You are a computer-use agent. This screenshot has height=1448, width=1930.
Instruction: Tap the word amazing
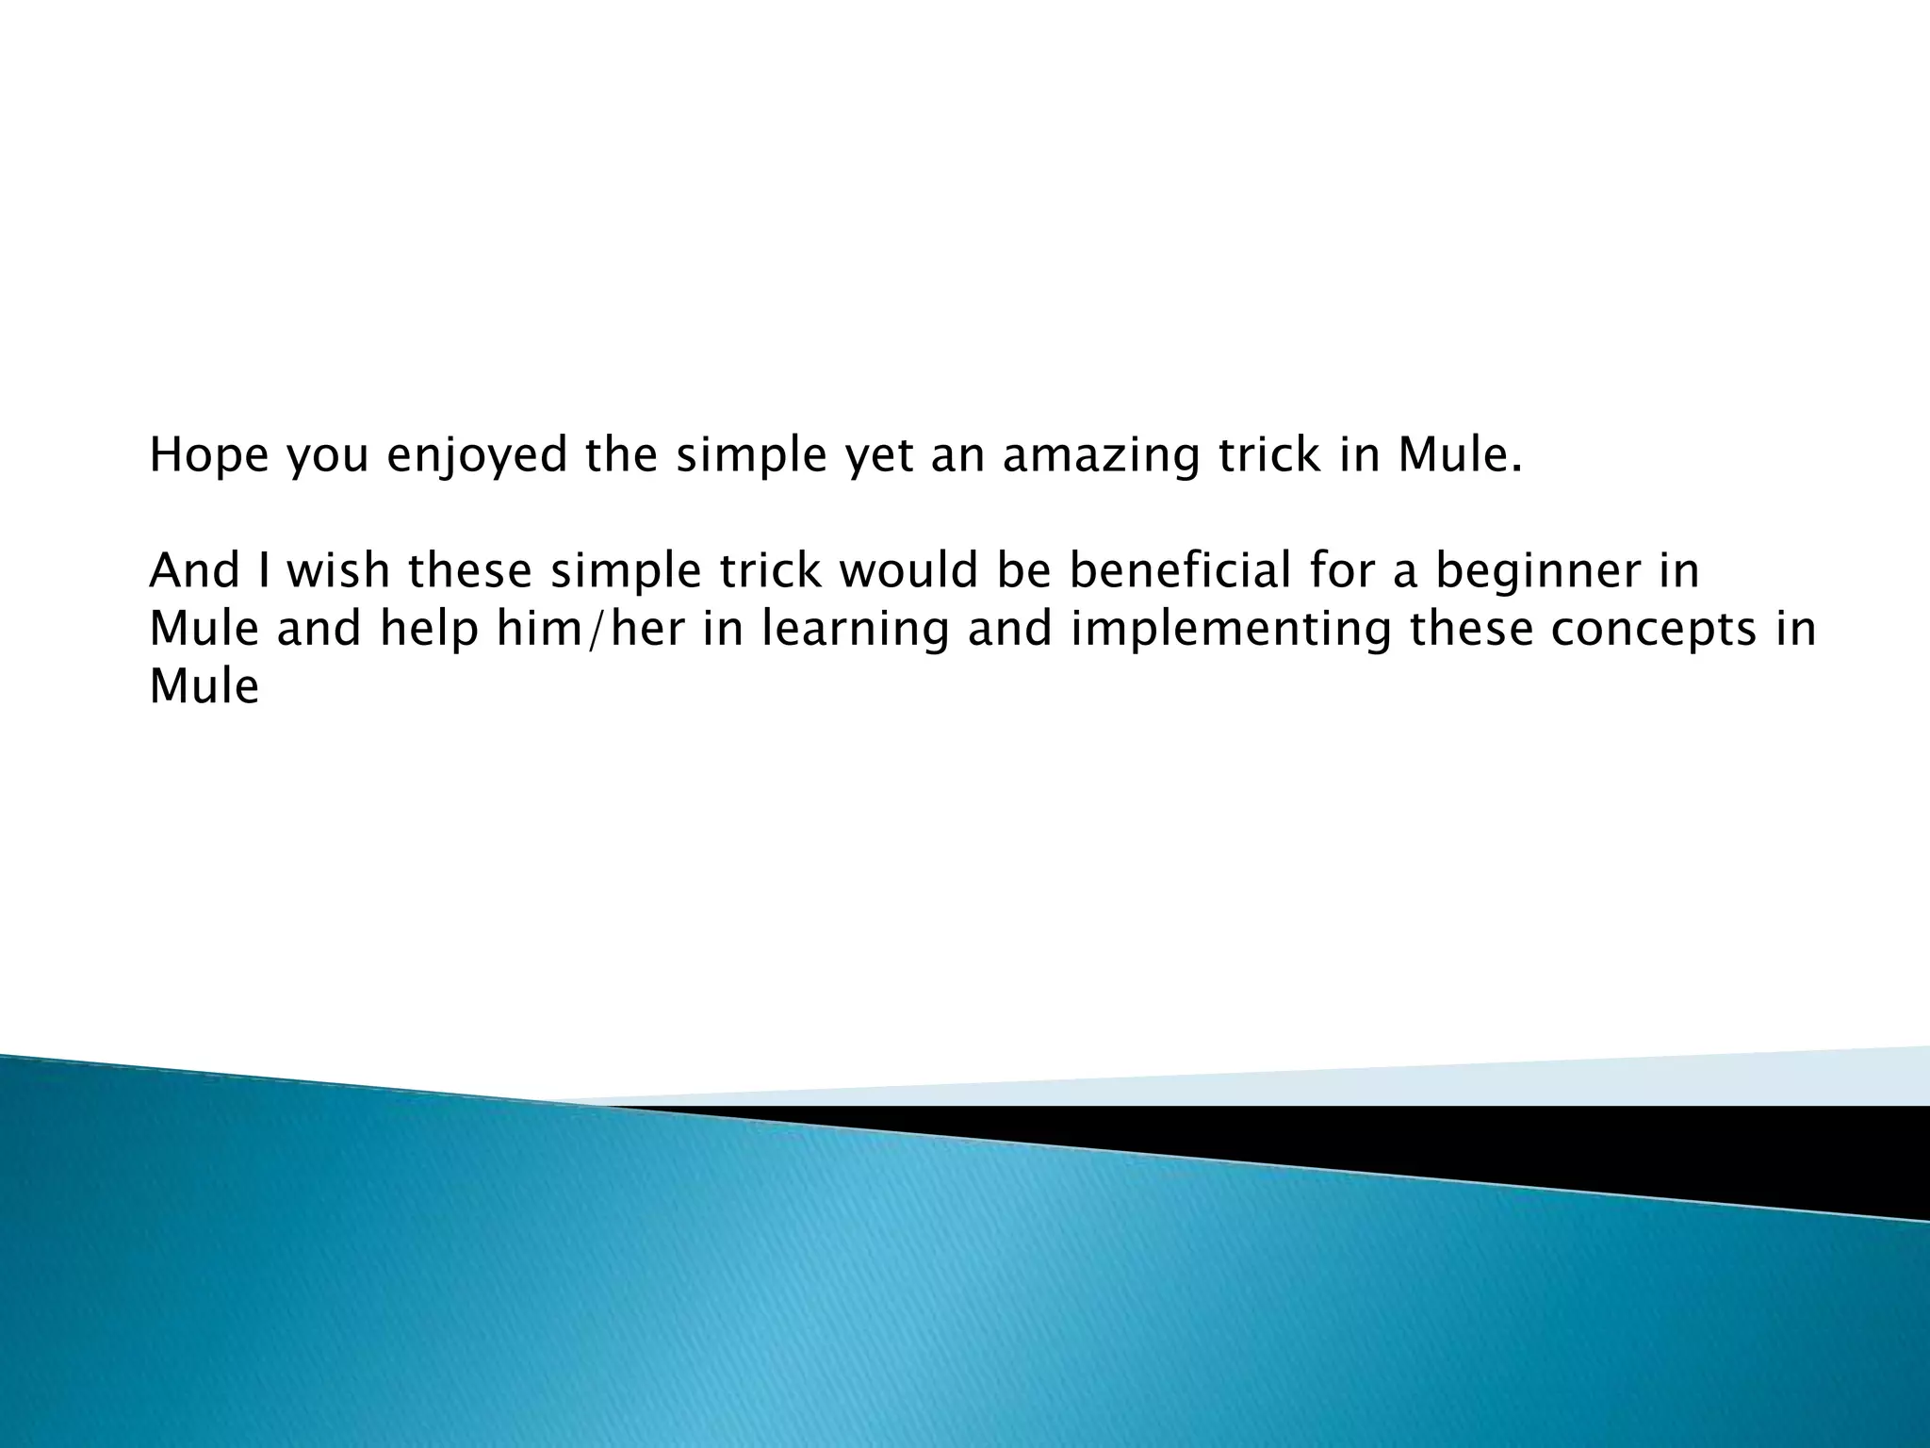click(1101, 457)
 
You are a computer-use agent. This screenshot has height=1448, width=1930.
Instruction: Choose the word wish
click(338, 571)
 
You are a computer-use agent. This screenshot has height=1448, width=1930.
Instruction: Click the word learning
click(855, 629)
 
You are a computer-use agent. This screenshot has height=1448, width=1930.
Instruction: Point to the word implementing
click(1229, 629)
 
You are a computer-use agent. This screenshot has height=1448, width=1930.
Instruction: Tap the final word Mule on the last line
click(204, 686)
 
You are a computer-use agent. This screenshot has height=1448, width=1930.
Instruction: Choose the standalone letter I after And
click(265, 571)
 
